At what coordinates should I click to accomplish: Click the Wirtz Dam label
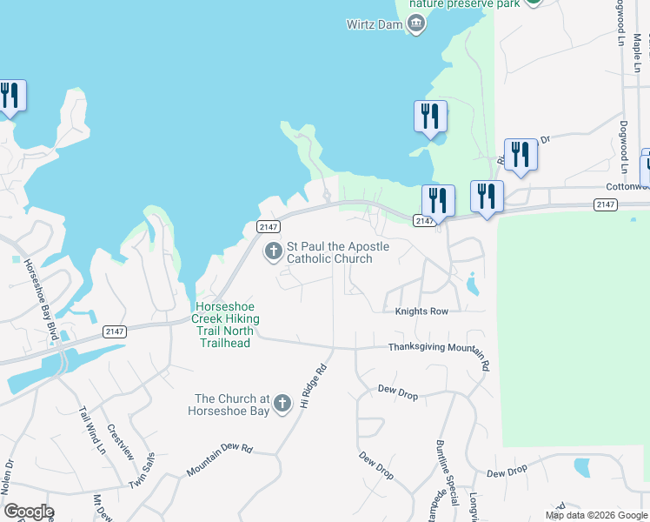click(x=375, y=23)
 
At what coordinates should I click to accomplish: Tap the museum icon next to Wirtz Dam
click(x=416, y=23)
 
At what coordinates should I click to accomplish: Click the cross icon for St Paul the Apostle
click(x=273, y=252)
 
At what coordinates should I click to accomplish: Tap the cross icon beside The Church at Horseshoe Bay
click(x=282, y=404)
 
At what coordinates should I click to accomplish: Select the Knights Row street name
click(x=421, y=311)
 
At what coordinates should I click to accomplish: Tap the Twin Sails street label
click(x=142, y=472)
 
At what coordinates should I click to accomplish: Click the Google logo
click(x=29, y=512)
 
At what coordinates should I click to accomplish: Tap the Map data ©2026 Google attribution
click(x=596, y=515)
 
